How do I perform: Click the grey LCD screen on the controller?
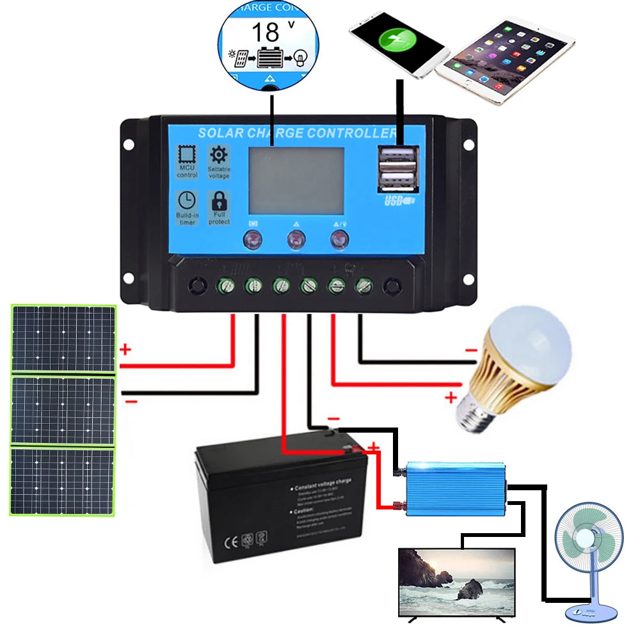(x=296, y=180)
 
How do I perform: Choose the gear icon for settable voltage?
(x=219, y=155)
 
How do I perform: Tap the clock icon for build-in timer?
(x=187, y=200)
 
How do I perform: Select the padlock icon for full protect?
(x=219, y=200)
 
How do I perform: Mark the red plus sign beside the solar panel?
(x=125, y=349)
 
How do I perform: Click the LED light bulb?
(x=518, y=365)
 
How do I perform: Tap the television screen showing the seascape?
(x=456, y=581)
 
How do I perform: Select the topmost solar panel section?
(x=63, y=339)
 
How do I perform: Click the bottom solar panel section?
(x=63, y=481)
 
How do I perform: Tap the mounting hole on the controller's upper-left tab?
(x=129, y=145)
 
